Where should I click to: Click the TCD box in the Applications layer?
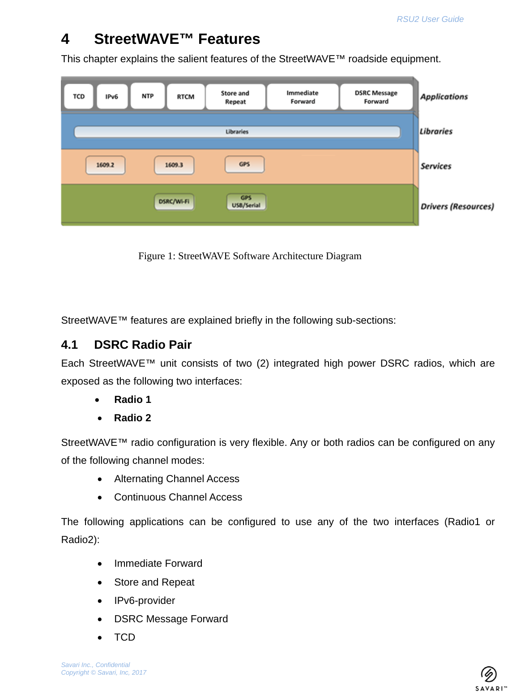point(79,96)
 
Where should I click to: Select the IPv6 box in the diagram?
point(112,96)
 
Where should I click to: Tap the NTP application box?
point(148,96)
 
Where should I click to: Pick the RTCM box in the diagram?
point(186,97)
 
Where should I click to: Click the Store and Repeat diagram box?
point(235,97)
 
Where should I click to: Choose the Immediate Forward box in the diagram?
point(303,97)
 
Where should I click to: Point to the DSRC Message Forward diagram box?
point(376,97)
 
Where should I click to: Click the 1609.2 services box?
point(105,165)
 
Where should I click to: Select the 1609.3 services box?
point(174,165)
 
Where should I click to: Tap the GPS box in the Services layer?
point(244,164)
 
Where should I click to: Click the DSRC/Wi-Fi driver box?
point(174,201)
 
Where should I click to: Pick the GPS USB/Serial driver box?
point(246,201)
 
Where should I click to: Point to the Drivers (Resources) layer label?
point(457,206)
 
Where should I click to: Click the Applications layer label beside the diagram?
point(444,97)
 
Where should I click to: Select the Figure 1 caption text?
point(250,256)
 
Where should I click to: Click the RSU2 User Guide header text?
point(430,19)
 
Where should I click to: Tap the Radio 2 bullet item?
point(132,418)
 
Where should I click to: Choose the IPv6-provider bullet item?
point(145,601)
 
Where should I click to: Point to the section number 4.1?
point(69,345)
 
